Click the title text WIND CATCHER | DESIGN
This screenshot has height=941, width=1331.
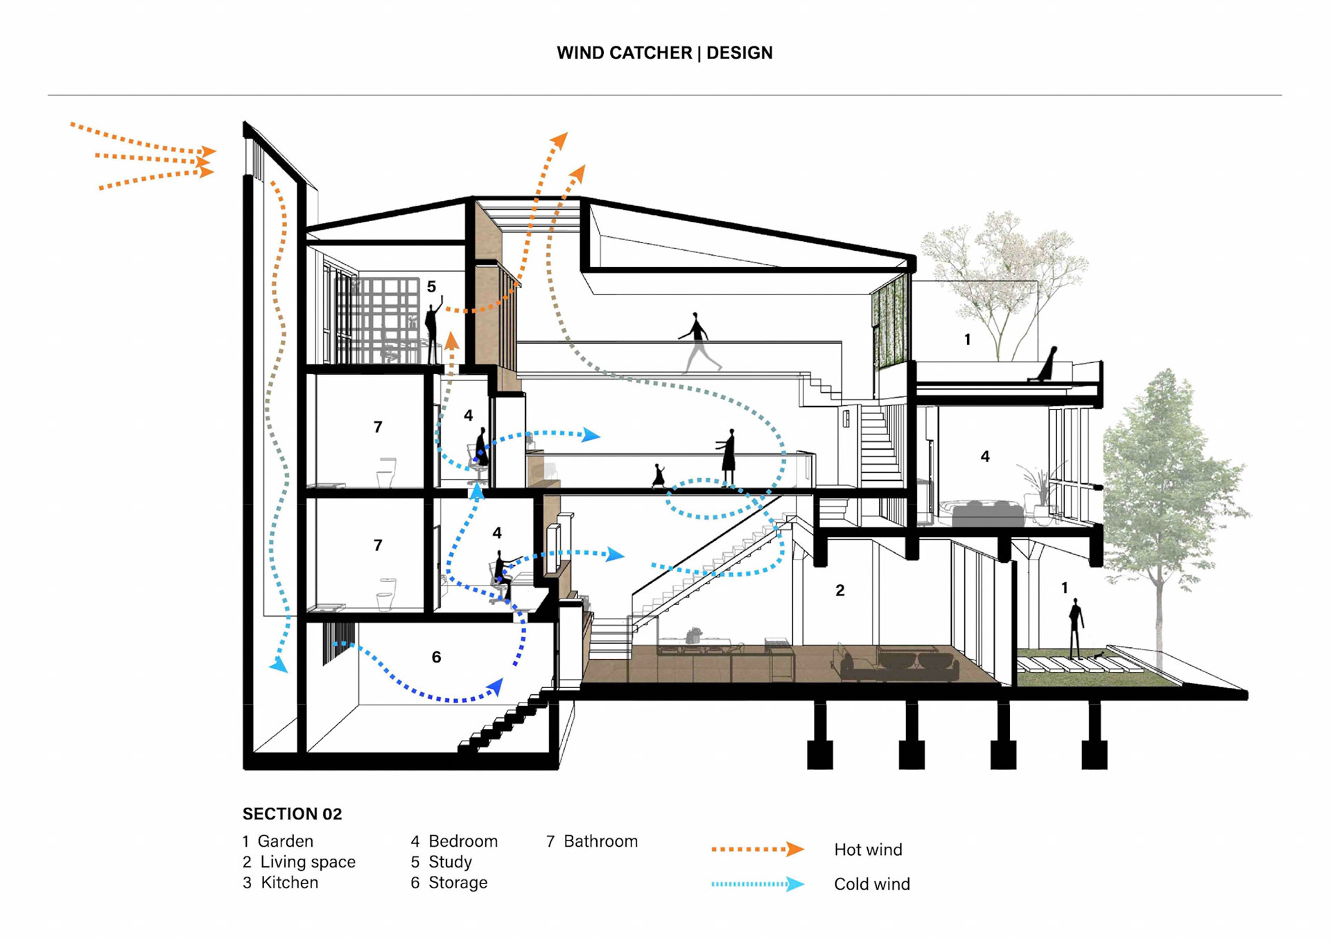click(664, 53)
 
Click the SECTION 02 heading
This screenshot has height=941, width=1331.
click(292, 814)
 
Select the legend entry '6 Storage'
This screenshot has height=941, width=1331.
click(449, 882)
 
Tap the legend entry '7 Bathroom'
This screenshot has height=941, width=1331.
click(592, 841)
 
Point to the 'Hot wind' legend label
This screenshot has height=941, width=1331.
click(868, 850)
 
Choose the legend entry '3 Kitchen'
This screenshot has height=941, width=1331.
click(281, 882)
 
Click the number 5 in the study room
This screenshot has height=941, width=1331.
click(431, 286)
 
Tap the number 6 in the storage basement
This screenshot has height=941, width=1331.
click(436, 657)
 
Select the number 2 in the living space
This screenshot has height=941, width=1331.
click(840, 590)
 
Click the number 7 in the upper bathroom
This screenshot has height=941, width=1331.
click(378, 427)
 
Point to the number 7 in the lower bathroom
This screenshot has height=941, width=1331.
click(378, 545)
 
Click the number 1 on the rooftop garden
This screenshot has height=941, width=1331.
click(967, 340)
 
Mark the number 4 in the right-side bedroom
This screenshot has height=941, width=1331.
click(984, 457)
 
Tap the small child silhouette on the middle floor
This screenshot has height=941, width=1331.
click(659, 476)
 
